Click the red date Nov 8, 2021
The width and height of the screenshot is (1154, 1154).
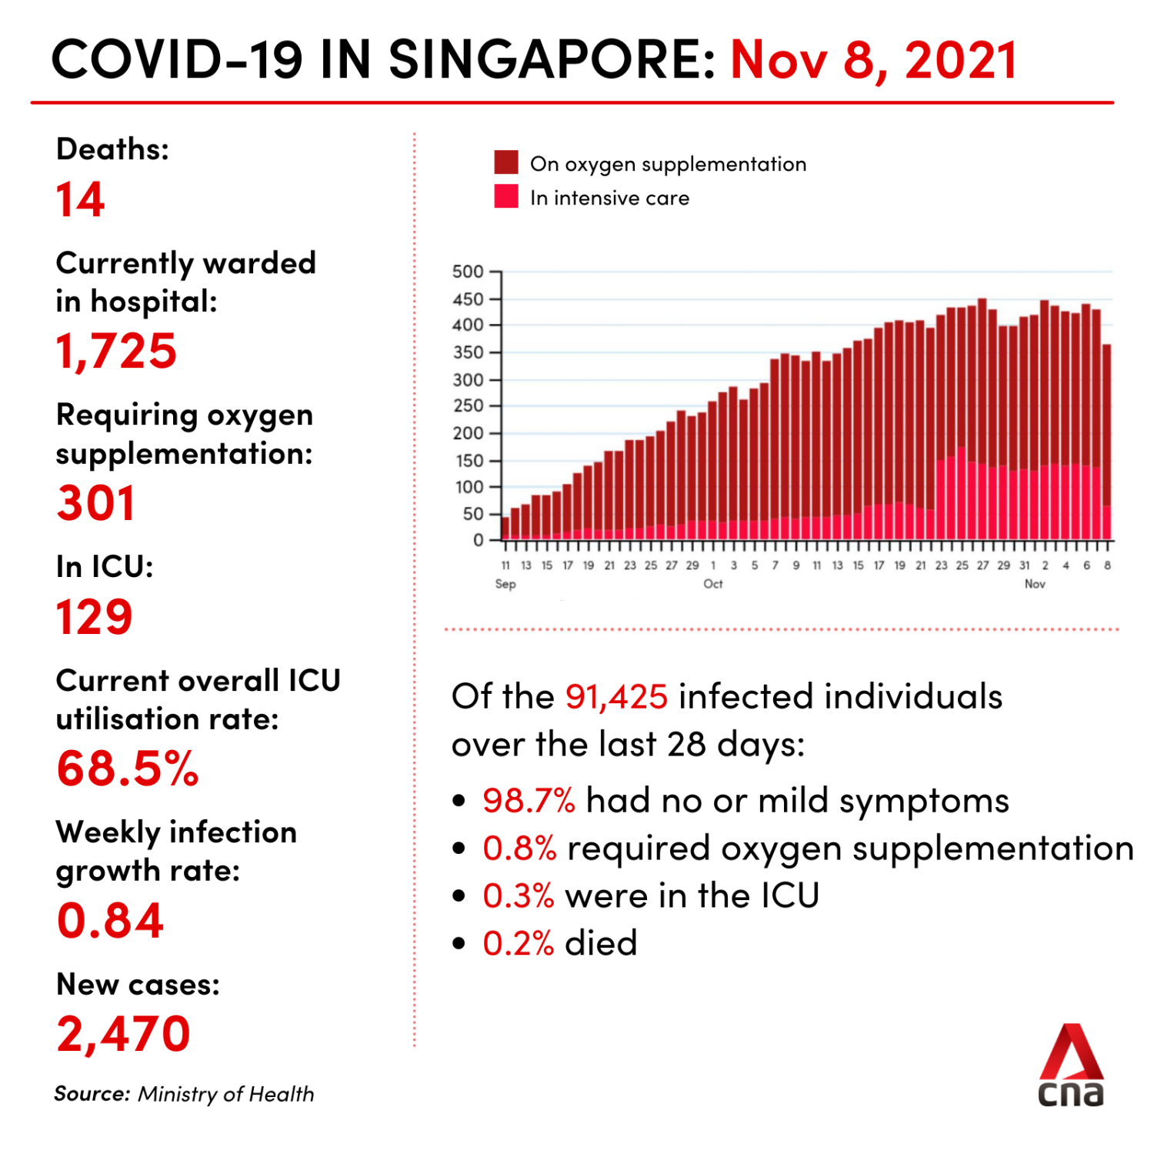coord(873,60)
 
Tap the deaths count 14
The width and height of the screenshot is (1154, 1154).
coord(80,200)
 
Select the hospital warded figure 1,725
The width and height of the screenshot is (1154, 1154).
coord(116,351)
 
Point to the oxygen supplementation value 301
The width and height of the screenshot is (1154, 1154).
coord(96,503)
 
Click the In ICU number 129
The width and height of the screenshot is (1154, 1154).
coord(94,617)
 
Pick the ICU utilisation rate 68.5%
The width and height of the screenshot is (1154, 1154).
coord(128,769)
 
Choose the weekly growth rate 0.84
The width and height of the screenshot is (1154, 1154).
coord(111,920)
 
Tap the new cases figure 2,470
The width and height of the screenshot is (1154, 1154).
coord(123,1033)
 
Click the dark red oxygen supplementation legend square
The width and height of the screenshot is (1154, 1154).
coord(506,162)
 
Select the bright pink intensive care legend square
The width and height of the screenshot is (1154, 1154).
coord(506,196)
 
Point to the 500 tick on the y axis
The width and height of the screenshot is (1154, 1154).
coord(468,272)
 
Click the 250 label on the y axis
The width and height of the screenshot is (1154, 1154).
coord(468,405)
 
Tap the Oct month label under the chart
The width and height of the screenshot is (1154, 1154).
coord(713,584)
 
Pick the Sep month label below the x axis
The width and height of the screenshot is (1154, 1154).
coord(505,584)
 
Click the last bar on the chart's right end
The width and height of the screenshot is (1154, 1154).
coord(1107,442)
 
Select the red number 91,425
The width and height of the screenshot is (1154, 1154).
coord(616,696)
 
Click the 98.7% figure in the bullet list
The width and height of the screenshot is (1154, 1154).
coord(529,801)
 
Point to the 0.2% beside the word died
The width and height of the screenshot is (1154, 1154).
coord(518,943)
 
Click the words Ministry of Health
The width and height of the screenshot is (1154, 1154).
coord(226,1094)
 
